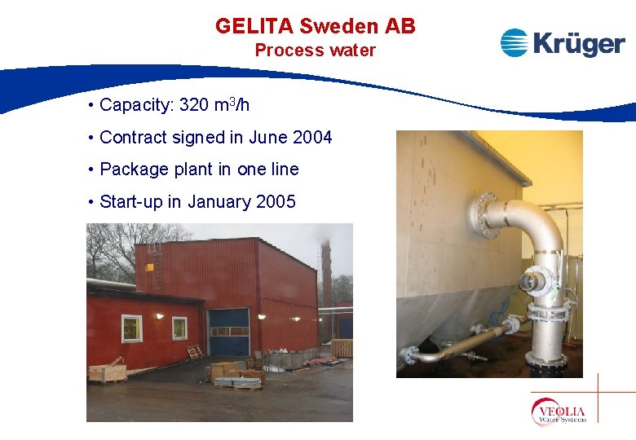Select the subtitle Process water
coord(315,51)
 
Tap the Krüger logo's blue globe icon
coord(515,42)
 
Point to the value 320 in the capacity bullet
coord(193,106)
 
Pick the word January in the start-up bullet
coord(219,202)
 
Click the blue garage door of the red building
coord(229,332)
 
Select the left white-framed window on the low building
coord(132,329)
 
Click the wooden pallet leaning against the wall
coord(195,352)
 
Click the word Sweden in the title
coord(328,26)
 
